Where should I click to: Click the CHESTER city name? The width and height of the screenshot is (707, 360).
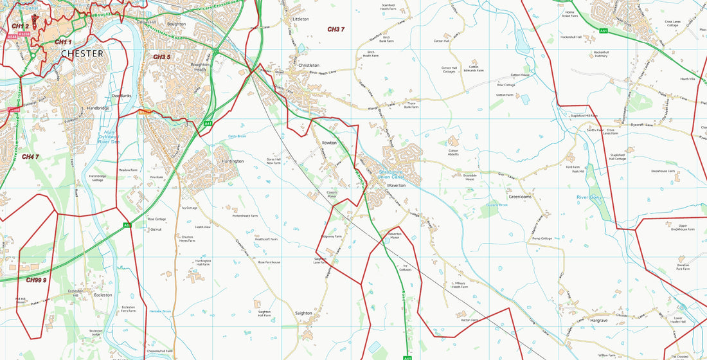(82, 54)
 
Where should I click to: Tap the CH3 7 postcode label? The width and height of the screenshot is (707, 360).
(336, 30)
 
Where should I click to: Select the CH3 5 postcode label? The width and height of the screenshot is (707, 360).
(161, 57)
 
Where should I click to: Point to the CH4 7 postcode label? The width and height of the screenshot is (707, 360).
(30, 157)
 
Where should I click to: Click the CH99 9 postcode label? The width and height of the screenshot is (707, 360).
(37, 280)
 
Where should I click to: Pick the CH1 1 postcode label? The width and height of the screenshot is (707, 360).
(63, 42)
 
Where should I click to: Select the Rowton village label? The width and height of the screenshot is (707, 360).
(329, 143)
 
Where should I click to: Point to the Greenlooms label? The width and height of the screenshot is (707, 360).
(520, 197)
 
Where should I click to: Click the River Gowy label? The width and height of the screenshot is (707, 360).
(589, 197)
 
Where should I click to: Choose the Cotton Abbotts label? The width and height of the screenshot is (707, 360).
(453, 154)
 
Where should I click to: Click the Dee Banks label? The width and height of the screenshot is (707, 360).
(121, 96)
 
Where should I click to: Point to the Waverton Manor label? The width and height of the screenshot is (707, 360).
(395, 235)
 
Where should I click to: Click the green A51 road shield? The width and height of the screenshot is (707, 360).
(604, 31)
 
